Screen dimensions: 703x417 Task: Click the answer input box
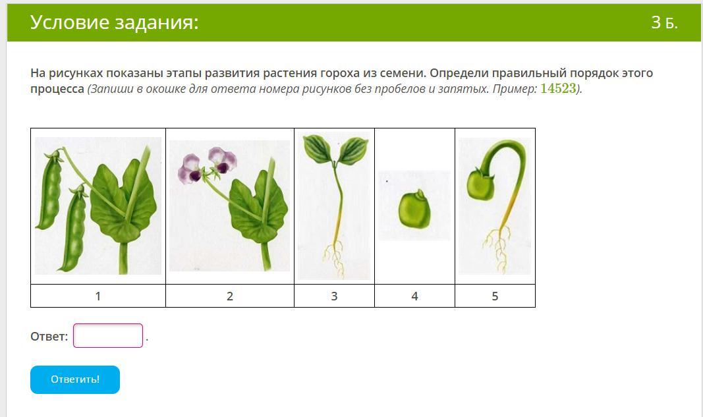point(108,335)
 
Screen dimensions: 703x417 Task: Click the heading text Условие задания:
point(115,22)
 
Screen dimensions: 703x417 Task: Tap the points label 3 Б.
point(664,22)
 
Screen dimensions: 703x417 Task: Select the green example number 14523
point(558,88)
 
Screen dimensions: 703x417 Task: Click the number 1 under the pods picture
point(98,296)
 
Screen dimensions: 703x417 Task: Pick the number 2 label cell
point(229,296)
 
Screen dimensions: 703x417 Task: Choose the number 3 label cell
point(334,296)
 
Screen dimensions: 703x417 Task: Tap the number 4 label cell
point(414,296)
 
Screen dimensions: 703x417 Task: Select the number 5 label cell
point(495,296)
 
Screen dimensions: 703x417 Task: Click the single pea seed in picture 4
point(414,210)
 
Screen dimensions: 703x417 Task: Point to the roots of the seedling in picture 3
point(334,258)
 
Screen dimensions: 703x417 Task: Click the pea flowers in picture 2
point(207,165)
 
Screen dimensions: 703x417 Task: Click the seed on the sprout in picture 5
point(480,184)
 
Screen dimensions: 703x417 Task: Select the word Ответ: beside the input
point(49,336)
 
